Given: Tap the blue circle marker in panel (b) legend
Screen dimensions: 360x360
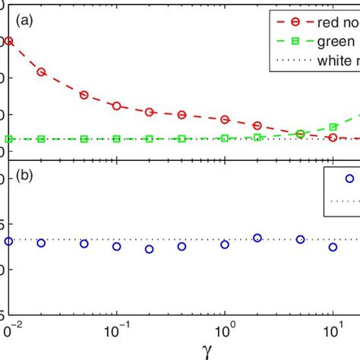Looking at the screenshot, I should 349,178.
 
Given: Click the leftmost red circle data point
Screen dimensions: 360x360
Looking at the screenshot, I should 9,41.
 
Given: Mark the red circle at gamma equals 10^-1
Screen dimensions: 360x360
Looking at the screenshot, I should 116,106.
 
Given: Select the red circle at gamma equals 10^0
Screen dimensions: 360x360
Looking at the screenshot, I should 225,119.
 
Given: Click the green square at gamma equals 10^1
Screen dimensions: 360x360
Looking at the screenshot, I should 333,127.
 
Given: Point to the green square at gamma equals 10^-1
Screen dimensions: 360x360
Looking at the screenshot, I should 116,139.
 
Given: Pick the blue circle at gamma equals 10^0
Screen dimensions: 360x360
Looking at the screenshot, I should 225,245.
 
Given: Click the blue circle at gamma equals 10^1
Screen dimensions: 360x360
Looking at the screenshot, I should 333,247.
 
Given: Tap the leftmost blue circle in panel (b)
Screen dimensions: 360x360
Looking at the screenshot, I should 9,241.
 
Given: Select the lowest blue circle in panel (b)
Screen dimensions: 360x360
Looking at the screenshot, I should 150,249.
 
